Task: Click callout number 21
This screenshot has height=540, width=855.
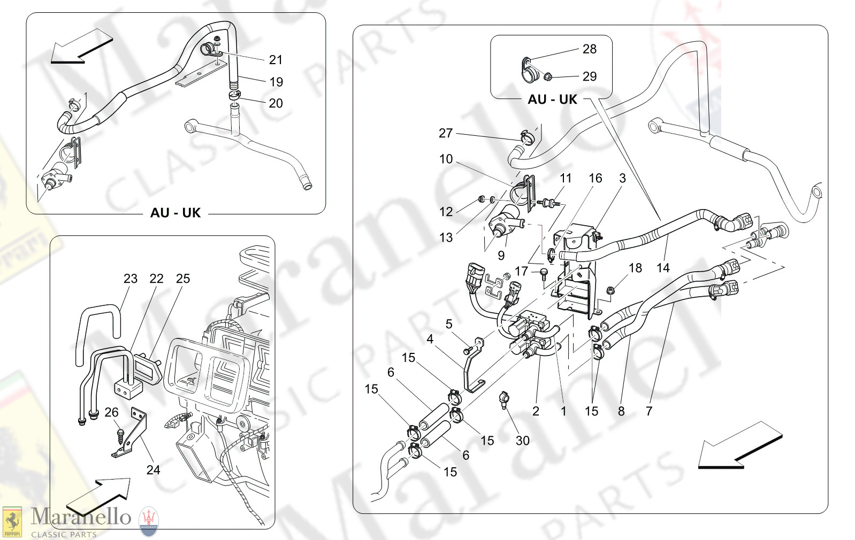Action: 276,60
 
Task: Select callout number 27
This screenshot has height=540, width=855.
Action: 446,133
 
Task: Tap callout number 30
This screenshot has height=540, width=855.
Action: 522,441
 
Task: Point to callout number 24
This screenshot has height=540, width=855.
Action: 153,470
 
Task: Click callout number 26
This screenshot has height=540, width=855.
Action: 111,412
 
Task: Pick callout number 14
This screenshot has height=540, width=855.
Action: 663,268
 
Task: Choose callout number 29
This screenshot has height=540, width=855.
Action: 589,76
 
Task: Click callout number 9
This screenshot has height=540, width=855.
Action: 501,256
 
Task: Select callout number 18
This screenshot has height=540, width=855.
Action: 635,268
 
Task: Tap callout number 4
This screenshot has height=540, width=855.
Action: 430,339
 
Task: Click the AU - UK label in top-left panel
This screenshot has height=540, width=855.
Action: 175,213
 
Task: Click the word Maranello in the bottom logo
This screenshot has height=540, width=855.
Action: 81,517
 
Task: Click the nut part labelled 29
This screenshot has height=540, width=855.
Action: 548,78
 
